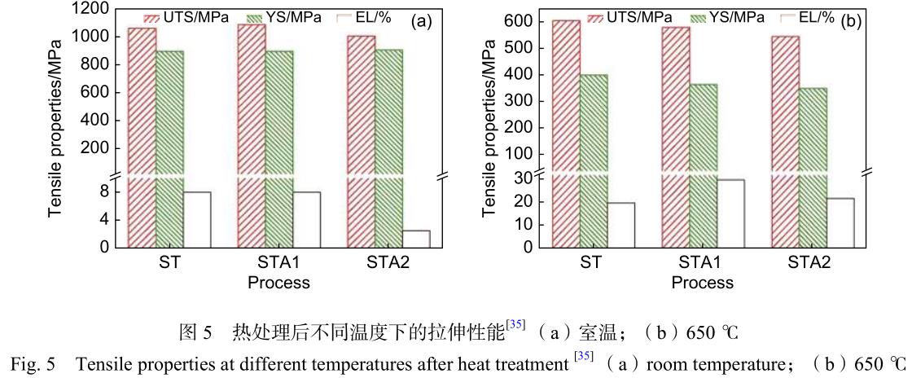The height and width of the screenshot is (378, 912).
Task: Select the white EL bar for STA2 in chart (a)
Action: coord(416,239)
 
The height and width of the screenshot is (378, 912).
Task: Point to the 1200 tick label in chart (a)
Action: coord(91,9)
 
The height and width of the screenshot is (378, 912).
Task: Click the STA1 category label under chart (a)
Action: coord(278,264)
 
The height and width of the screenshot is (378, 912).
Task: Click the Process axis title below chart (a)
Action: coord(278,283)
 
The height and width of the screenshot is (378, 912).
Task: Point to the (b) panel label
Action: coord(850,21)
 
